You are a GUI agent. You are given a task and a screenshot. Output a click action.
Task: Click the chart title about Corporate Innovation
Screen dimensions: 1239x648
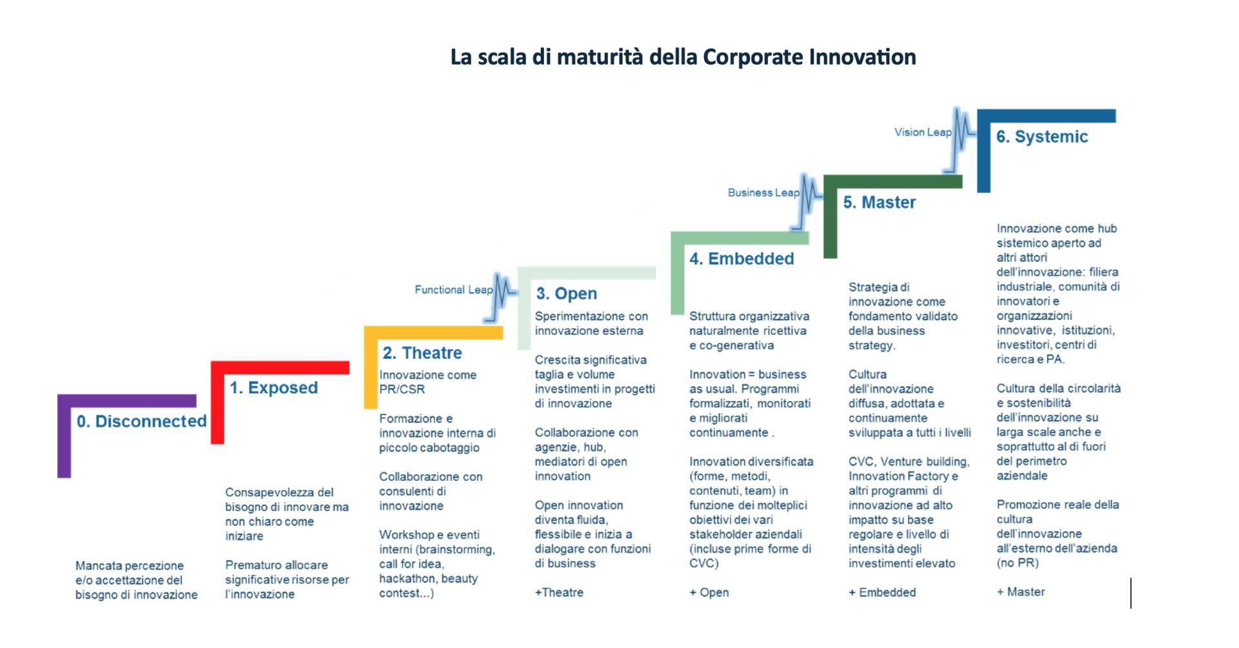(683, 57)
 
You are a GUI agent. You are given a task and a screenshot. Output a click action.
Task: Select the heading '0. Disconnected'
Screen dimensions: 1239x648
(141, 421)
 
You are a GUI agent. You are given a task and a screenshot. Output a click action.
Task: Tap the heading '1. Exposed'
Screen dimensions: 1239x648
(274, 388)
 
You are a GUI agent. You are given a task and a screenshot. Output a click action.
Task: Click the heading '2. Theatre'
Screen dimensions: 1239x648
(422, 353)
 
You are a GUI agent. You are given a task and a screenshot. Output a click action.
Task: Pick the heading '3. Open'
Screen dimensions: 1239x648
(566, 294)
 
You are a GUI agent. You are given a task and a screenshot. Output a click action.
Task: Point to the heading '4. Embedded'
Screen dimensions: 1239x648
(741, 259)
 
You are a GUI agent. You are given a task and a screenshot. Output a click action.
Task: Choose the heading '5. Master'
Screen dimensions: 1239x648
(879, 203)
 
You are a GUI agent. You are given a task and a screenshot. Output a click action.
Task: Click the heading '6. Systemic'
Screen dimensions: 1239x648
(1042, 137)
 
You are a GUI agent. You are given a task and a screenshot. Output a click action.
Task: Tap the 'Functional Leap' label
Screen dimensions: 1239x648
(454, 290)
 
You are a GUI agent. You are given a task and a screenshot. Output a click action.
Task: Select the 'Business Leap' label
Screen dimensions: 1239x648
(763, 192)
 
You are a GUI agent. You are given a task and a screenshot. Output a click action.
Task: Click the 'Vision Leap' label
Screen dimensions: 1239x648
(923, 132)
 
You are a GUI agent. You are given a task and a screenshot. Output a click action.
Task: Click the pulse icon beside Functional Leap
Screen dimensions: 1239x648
(501, 298)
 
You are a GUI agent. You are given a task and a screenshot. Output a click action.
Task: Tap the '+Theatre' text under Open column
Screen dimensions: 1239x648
(559, 592)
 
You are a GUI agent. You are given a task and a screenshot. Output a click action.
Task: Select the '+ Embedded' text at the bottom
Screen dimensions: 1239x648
(882, 592)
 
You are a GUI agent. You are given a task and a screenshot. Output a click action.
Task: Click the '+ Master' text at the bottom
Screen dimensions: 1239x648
(1020, 592)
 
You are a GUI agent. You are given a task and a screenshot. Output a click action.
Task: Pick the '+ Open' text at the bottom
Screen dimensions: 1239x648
(709, 592)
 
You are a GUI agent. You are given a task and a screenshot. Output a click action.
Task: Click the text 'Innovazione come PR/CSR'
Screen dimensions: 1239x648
(428, 382)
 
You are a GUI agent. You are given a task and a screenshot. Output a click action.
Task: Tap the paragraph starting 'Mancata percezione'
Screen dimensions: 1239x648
(136, 580)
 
